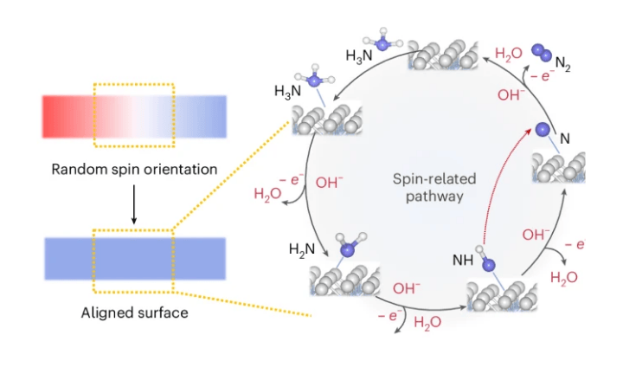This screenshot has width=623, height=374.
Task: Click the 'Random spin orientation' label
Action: pyautogui.click(x=132, y=170)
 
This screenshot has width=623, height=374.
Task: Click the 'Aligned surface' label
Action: pyautogui.click(x=132, y=312)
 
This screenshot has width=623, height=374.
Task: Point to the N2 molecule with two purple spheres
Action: pyautogui.click(x=543, y=53)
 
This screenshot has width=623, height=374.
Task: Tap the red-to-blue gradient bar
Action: pyautogui.click(x=134, y=116)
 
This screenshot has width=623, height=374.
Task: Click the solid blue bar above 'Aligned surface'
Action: pyautogui.click(x=134, y=258)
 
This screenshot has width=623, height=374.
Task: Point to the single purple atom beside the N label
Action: pyautogui.click(x=543, y=131)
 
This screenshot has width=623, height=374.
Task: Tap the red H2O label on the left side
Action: pyautogui.click(x=268, y=194)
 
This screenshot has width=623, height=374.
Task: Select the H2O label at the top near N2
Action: pyautogui.click(x=509, y=54)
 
